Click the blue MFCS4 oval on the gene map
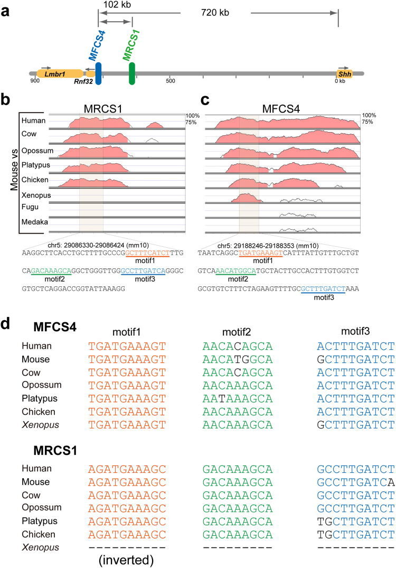[x=99, y=73]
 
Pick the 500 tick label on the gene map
[x=170, y=81]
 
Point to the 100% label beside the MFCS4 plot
[x=369, y=115]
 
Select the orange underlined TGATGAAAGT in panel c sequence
[x=260, y=253]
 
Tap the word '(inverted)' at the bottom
[x=123, y=558]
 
